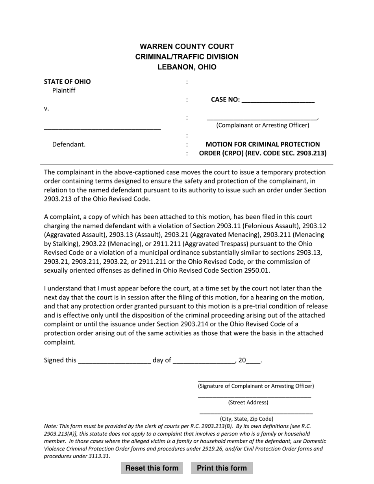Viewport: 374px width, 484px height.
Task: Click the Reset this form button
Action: point(152,468)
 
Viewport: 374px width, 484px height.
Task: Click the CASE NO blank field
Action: point(278,100)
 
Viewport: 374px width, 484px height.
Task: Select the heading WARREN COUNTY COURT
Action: point(187,46)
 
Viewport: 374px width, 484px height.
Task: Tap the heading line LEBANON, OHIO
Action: point(187,67)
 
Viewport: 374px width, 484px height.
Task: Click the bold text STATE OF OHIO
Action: point(67,82)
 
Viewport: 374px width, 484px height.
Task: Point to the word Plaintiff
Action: point(64,91)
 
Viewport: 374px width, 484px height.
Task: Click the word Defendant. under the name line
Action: point(69,144)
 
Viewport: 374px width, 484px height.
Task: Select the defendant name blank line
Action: point(102,128)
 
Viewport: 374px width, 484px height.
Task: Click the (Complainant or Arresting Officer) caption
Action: point(263,125)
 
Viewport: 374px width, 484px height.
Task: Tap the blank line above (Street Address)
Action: point(254,397)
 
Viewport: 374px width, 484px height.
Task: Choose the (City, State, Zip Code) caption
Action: point(246,419)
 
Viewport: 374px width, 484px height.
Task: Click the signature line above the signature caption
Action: point(254,380)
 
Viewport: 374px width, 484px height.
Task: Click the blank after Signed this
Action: point(115,361)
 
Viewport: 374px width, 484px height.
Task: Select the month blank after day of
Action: point(204,361)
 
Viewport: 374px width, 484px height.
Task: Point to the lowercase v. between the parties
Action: point(46,109)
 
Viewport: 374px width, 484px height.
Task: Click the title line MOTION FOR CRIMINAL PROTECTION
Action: point(263,144)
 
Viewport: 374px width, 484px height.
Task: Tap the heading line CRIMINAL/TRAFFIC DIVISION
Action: point(187,57)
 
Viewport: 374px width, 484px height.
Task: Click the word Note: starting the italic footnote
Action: point(51,426)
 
